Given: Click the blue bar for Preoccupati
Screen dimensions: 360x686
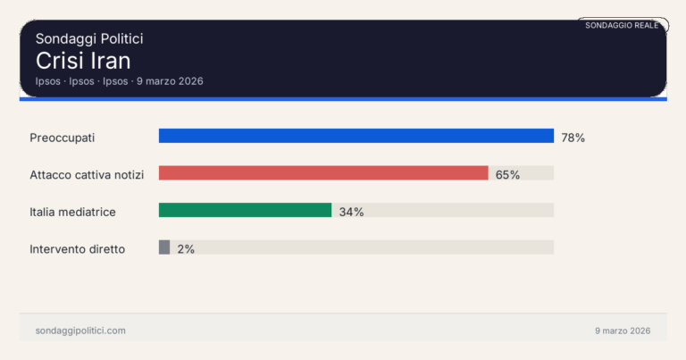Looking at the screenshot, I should (x=356, y=136).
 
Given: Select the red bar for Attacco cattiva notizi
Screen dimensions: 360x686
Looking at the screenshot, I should (x=323, y=173).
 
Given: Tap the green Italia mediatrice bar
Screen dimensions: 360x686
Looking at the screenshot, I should (x=245, y=211).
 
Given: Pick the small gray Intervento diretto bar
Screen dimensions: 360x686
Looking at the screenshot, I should (x=164, y=247).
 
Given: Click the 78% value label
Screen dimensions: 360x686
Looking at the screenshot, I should (x=573, y=138).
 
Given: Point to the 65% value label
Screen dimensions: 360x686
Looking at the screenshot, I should (x=507, y=175).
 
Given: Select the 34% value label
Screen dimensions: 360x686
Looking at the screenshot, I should (x=351, y=213).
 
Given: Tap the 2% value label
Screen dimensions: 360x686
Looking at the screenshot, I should (x=186, y=249).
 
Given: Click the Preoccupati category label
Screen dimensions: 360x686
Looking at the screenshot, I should (x=63, y=138).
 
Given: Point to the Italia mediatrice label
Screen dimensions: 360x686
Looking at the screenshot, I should (x=73, y=213).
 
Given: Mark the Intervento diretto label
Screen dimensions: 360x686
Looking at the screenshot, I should (x=78, y=249).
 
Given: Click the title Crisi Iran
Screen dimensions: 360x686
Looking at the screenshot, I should (x=83, y=61).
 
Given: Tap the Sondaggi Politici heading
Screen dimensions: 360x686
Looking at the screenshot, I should (x=89, y=38).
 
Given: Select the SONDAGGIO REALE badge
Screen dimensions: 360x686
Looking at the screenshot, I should (x=622, y=25).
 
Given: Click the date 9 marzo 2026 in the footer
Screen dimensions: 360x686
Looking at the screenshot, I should (x=623, y=331).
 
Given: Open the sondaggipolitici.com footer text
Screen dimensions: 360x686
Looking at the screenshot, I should (x=80, y=331).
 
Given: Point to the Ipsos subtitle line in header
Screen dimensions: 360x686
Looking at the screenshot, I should (x=120, y=81).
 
